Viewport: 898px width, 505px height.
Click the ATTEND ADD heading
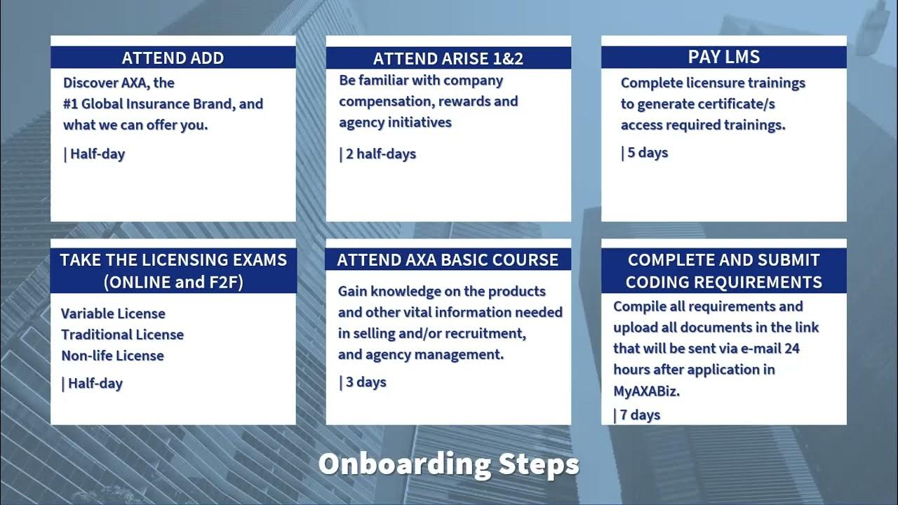[173, 58]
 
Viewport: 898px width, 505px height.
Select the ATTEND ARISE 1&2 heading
[448, 58]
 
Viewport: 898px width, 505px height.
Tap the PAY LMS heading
[723, 57]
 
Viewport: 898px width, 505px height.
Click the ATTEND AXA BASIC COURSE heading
[448, 260]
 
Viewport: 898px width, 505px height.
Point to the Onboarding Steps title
[448, 464]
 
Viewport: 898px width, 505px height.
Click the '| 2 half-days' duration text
[377, 154]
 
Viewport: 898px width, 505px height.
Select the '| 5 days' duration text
[645, 152]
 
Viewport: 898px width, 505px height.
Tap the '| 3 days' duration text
[363, 382]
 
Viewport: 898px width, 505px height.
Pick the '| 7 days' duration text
[637, 415]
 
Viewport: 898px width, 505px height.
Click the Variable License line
[113, 314]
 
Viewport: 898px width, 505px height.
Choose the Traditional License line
[122, 335]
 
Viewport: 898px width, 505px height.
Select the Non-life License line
[112, 356]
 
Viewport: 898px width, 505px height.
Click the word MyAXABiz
[646, 391]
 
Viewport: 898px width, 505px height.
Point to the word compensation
[383, 102]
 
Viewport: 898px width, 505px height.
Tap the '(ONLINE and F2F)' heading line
[173, 282]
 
